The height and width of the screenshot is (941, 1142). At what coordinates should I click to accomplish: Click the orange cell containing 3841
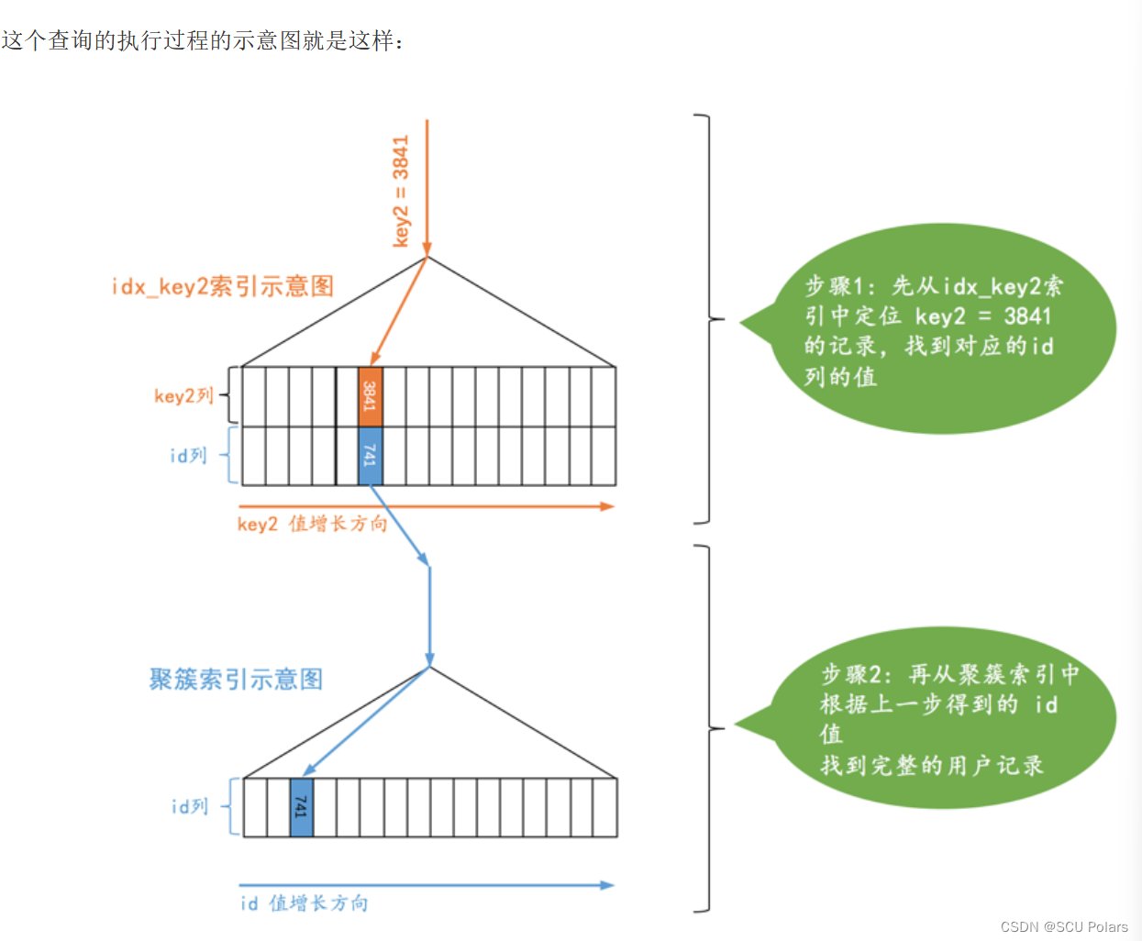tap(370, 396)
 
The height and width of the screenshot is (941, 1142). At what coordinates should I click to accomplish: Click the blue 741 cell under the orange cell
tap(370, 456)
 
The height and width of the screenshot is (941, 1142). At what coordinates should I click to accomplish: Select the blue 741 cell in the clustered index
tap(301, 807)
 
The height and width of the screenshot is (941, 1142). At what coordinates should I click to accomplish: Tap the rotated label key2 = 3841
tap(401, 192)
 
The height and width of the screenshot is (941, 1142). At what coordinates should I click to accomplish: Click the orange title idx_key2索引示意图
tap(222, 286)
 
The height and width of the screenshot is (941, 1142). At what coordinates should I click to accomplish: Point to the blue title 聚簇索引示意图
tap(236, 680)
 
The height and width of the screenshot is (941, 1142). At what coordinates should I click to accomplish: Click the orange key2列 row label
tap(183, 395)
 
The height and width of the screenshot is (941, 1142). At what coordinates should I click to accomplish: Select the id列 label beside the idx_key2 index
tap(188, 456)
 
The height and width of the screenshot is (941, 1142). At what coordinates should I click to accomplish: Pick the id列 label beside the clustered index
tap(190, 807)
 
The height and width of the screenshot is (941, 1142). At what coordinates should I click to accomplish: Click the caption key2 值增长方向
tap(312, 524)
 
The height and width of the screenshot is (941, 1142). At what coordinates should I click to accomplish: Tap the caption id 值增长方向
tap(304, 903)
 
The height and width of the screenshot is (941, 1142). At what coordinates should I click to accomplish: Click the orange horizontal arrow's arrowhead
tap(606, 506)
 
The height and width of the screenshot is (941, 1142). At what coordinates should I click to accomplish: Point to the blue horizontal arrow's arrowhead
tap(606, 885)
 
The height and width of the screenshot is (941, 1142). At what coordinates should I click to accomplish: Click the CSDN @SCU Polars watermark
tap(1064, 927)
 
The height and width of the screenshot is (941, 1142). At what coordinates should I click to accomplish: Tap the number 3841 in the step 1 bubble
tap(1027, 316)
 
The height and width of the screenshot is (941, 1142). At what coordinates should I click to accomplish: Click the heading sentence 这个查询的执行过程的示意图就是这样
tap(202, 40)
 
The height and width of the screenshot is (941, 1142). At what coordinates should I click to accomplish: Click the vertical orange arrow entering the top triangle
tap(427, 183)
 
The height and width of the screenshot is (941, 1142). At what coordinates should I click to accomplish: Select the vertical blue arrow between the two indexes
tap(429, 614)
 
